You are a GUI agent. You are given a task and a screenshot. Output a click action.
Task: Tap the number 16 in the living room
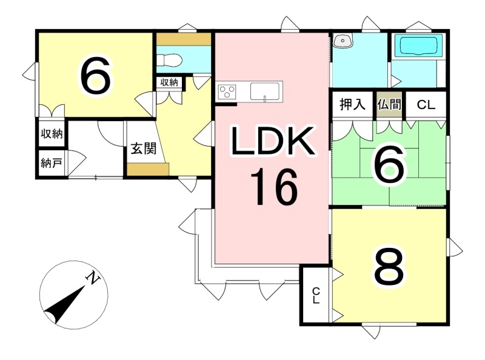point(274,188)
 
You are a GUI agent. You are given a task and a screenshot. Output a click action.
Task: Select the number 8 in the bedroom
point(389,267)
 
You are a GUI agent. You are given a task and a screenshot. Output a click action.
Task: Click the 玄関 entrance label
point(144,149)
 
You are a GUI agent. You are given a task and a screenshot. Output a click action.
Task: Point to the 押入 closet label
point(352,104)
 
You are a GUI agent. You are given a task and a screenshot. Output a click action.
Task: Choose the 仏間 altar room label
point(389,104)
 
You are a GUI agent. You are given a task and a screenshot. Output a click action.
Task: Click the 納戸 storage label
point(52,162)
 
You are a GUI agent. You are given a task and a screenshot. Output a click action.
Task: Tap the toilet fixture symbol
point(169,59)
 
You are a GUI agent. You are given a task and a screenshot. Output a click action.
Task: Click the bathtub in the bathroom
point(419,46)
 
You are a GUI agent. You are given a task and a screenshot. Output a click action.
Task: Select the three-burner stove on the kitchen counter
point(227,92)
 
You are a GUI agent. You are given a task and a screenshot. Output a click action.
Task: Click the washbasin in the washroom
point(343,41)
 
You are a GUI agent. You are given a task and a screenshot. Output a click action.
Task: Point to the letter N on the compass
point(93,278)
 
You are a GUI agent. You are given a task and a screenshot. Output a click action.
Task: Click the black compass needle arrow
point(64,305)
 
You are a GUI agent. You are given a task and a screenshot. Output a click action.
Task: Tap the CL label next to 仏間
point(426,104)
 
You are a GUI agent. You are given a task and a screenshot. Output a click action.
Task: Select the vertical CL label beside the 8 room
point(315,296)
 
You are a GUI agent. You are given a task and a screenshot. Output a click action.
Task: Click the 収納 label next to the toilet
point(169,82)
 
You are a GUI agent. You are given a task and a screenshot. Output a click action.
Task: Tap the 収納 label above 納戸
point(52,133)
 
